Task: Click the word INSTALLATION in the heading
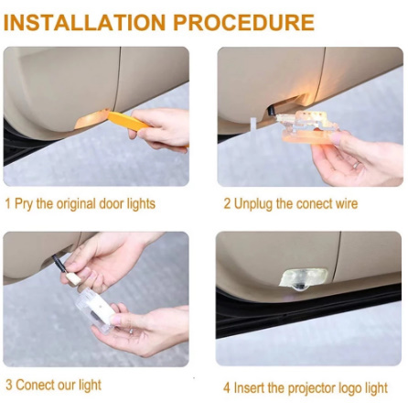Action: [x=85, y=22]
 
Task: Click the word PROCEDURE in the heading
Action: [x=244, y=22]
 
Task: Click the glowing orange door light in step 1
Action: [x=91, y=119]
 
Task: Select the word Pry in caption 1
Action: [x=24, y=204]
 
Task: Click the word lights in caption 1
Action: [x=141, y=204]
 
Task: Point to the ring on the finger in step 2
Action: [x=356, y=165]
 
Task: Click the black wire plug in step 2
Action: [x=271, y=111]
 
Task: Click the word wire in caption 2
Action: [x=346, y=203]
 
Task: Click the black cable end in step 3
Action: [x=58, y=262]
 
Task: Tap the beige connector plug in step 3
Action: [x=72, y=278]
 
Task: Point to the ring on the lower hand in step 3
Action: [x=131, y=331]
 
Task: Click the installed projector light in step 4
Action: [x=304, y=279]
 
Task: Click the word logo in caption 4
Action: [x=350, y=389]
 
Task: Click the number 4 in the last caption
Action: [x=227, y=388]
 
